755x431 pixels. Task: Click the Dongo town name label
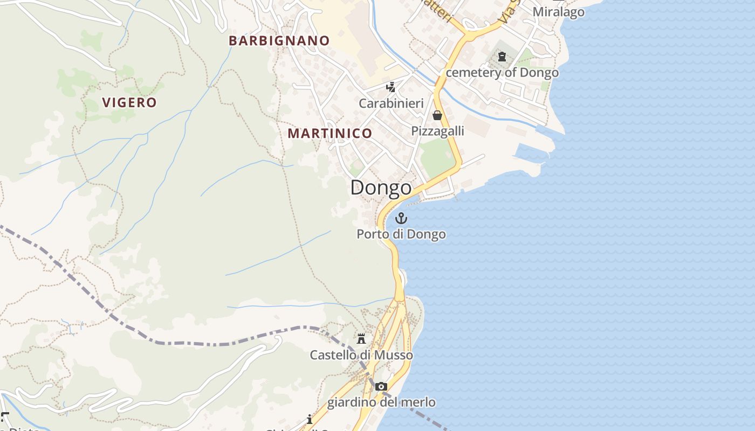381,188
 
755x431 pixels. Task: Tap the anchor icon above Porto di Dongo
401,218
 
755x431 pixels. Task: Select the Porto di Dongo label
401,234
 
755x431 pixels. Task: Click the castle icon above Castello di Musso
361,339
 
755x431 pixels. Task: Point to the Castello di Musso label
361,355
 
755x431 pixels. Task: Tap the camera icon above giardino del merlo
381,386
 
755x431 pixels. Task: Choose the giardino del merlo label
381,402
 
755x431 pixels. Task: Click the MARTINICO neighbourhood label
330,133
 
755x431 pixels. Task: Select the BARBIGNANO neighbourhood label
279,40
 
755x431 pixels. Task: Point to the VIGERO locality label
129,102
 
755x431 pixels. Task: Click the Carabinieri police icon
391,87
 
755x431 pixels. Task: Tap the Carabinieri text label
391,103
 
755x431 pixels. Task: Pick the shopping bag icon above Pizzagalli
437,115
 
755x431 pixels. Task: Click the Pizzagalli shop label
437,131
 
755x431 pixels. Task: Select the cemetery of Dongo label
502,72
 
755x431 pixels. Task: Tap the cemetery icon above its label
502,57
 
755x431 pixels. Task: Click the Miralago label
558,12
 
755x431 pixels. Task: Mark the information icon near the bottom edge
309,419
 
